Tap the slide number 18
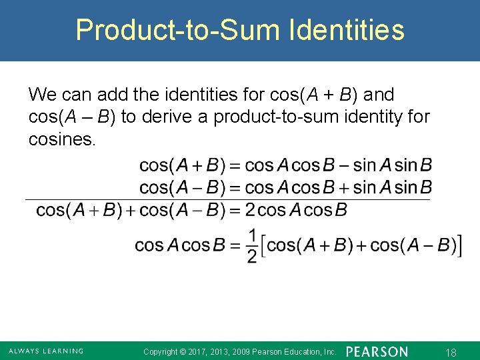click(x=450, y=351)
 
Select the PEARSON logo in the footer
click(x=377, y=351)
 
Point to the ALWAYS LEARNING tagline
click(x=46, y=351)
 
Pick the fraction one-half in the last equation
click(x=252, y=245)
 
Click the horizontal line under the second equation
click(x=227, y=199)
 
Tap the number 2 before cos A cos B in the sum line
click(x=249, y=211)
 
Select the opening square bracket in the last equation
click(x=262, y=245)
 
